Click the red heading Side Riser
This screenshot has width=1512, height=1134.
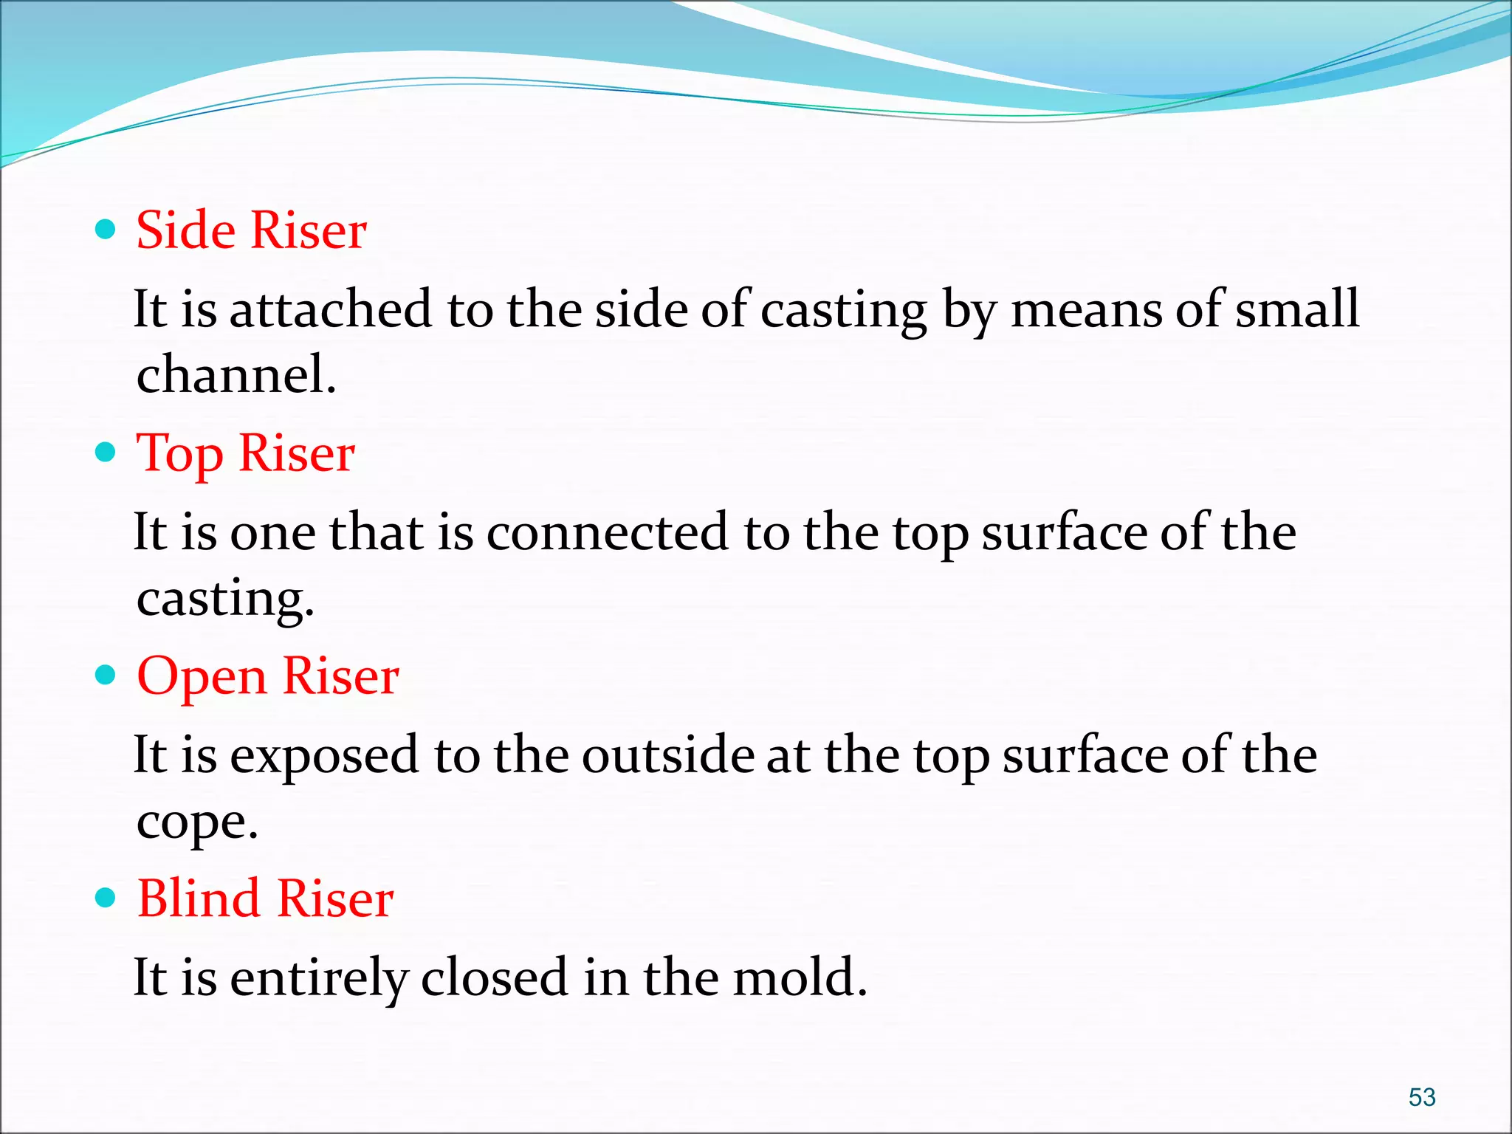251,230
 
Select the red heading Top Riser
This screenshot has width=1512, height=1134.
246,453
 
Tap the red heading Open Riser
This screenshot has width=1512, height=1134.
268,676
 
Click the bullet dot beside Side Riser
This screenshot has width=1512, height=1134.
106,230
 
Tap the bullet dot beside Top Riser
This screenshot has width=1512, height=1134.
106,452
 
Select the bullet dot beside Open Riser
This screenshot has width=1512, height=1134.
106,675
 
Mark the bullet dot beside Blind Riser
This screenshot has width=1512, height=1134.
106,898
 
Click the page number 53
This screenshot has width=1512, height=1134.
1422,1097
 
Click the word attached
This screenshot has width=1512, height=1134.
330,309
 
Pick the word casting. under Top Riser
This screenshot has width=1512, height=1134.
225,599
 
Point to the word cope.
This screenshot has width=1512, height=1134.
197,822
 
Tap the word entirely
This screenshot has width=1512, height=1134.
318,979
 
